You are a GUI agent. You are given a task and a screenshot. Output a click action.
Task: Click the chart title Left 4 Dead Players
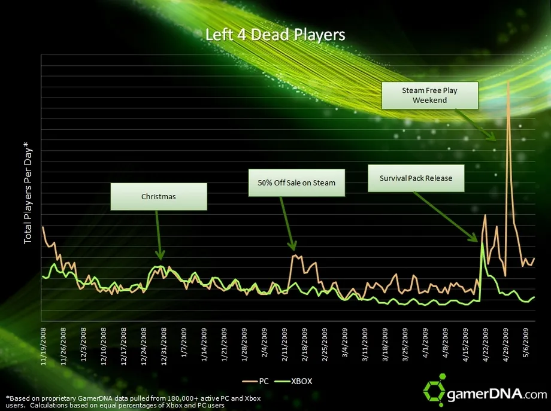click(275, 35)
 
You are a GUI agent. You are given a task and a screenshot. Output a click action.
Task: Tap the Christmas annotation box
click(159, 196)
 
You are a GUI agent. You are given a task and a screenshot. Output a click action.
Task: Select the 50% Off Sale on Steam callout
click(297, 182)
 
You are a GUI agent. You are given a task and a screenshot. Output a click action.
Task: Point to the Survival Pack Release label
click(416, 178)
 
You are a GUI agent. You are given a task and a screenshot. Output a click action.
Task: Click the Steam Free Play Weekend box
click(429, 96)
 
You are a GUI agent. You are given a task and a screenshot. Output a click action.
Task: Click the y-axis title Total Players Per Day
click(28, 192)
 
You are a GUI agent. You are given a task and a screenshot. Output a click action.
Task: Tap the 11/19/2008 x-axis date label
click(44, 346)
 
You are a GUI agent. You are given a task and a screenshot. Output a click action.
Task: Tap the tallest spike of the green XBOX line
click(482, 242)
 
